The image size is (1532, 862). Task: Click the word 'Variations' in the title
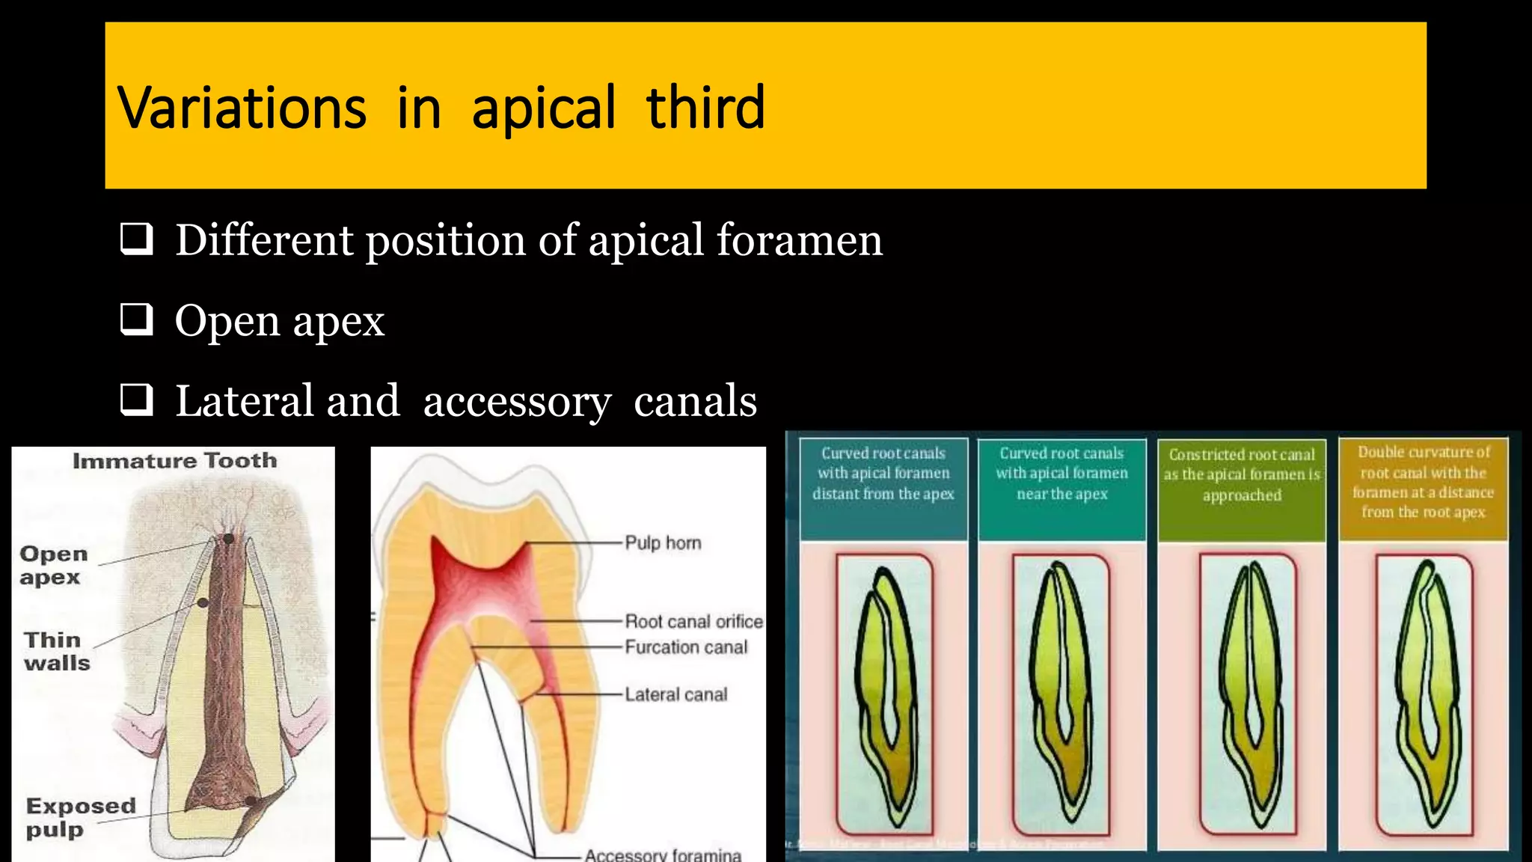coord(242,108)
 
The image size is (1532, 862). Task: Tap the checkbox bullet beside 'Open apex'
coord(137,320)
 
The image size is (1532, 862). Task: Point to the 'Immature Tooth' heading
coord(174,460)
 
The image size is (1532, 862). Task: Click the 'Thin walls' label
coord(56,651)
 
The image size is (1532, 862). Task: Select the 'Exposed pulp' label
coord(80,817)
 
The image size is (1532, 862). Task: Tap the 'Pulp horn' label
coord(663,543)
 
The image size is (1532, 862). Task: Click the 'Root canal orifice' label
coord(693,621)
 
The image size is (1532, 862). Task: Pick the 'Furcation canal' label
coord(685,647)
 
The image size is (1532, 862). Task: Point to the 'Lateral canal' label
coord(675,694)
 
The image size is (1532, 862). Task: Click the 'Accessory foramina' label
coord(663,855)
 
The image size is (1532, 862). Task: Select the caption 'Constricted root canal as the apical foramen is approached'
coord(1242,474)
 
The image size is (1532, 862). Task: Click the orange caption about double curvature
coord(1423,482)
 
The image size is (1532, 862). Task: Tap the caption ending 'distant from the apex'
coord(883,473)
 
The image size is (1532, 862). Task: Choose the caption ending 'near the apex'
coord(1061,473)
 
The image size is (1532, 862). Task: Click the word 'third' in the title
coord(705,108)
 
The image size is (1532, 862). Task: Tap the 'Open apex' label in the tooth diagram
coord(52,565)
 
